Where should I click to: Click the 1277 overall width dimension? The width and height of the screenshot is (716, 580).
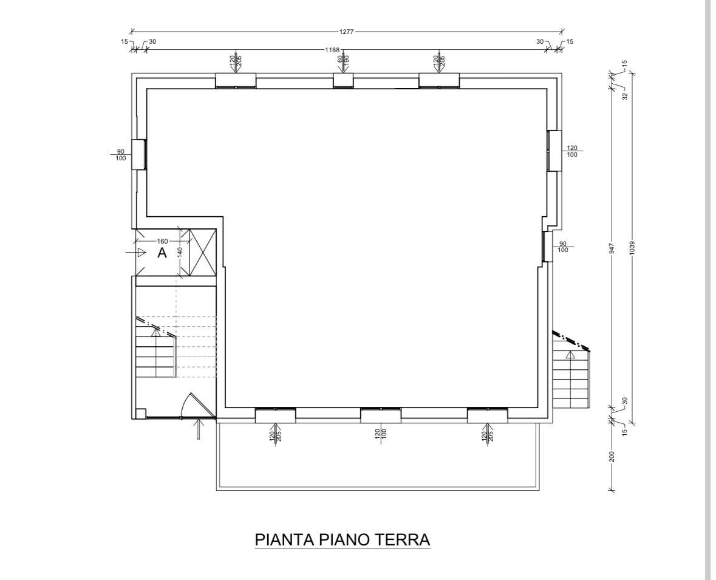[x=347, y=32]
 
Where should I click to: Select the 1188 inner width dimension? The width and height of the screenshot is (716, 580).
[x=332, y=50]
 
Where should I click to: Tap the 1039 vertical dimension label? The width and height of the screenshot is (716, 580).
[x=632, y=248]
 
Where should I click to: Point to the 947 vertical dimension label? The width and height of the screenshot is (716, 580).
[x=612, y=248]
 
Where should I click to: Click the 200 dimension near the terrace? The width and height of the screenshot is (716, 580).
[x=612, y=456]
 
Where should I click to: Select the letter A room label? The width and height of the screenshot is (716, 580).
[x=162, y=253]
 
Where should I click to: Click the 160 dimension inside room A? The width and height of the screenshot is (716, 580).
[x=163, y=241]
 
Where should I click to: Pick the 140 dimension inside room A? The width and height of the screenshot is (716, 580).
[x=180, y=253]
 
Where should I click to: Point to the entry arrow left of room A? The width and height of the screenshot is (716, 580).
[x=135, y=252]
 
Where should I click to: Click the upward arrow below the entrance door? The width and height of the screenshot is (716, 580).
[x=198, y=429]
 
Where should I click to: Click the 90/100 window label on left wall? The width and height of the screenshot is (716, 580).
[x=121, y=155]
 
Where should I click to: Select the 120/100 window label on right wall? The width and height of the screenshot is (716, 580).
[x=572, y=151]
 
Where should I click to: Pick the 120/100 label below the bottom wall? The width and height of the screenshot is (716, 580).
[x=381, y=434]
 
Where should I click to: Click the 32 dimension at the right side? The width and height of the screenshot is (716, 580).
[x=625, y=96]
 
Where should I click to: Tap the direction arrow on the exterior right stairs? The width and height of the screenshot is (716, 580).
[x=570, y=355]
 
